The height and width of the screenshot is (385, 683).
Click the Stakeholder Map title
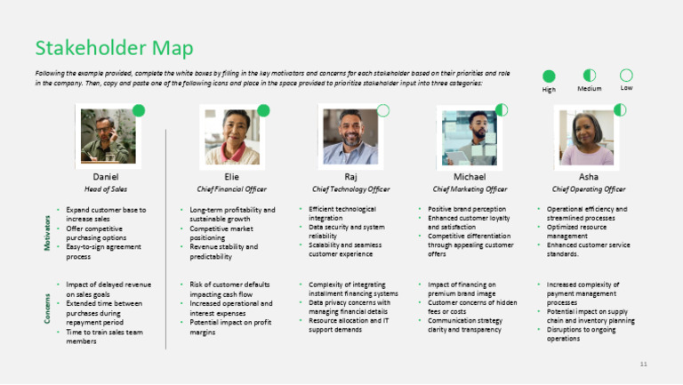tap(114, 48)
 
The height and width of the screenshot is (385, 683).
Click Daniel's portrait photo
tap(106, 136)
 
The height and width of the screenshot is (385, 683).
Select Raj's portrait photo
tap(350, 136)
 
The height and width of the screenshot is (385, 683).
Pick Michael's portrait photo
tap(469, 136)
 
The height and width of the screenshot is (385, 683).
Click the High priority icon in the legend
tap(549, 76)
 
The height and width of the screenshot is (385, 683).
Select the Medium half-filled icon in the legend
tap(589, 76)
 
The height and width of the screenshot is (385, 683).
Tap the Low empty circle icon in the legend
tap(626, 76)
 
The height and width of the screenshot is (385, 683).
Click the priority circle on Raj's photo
tap(383, 110)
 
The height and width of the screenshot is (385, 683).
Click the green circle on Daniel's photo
tap(139, 110)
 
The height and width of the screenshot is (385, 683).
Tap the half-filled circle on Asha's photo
tap(620, 110)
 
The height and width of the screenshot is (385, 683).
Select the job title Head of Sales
tap(106, 188)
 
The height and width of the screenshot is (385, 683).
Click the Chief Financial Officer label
tap(231, 188)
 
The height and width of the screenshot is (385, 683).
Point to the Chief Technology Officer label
tap(350, 188)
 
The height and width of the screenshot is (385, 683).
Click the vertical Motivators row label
tap(46, 232)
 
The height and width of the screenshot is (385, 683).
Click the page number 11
tap(644, 365)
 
